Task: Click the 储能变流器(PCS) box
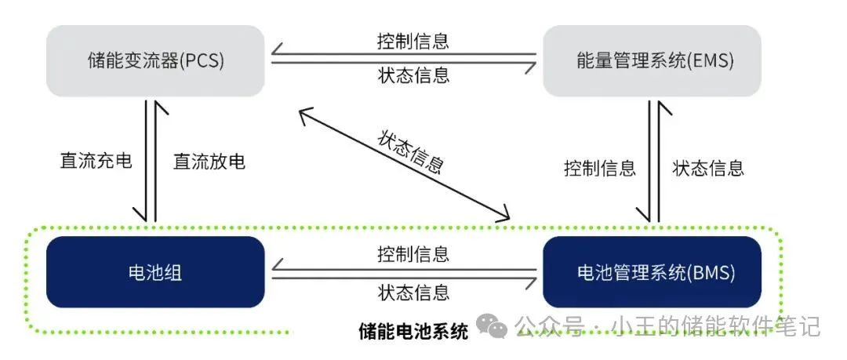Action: (x=155, y=60)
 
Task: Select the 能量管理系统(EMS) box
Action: (x=652, y=60)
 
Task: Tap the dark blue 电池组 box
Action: (x=155, y=272)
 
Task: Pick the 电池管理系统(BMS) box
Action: (x=652, y=272)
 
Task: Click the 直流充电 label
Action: (x=96, y=162)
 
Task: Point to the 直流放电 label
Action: (x=209, y=162)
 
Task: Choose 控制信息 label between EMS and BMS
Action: (x=599, y=168)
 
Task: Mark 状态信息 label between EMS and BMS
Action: (x=708, y=168)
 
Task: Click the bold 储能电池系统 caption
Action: (x=413, y=331)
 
